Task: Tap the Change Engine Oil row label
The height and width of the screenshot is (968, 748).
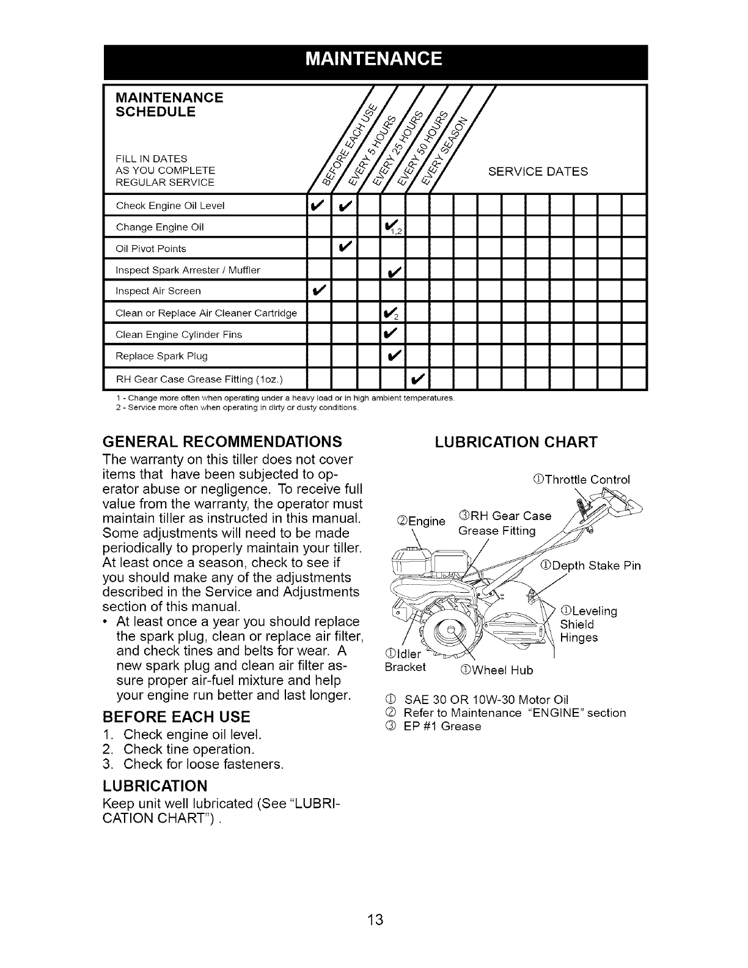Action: (159, 227)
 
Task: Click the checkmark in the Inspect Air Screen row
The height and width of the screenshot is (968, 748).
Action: (318, 291)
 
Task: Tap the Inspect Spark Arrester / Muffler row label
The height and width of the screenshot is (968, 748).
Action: (188, 269)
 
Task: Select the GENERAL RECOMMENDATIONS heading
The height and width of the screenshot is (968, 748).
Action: (222, 441)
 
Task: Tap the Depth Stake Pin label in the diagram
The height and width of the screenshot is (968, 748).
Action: (591, 565)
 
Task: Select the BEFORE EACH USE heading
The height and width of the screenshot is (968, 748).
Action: (177, 716)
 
